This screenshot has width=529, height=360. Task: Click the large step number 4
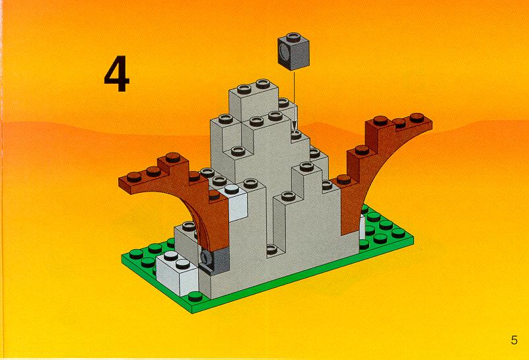[x=117, y=74]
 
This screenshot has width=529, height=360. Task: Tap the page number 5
[x=514, y=340]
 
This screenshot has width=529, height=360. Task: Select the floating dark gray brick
[x=293, y=52]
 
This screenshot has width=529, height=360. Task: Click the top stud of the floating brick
[x=293, y=37]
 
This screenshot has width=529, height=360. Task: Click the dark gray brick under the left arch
[x=214, y=260]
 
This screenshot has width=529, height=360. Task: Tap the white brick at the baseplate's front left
[x=177, y=273]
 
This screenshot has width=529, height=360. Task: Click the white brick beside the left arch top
[x=234, y=201]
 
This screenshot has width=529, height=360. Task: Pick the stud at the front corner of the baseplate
[x=195, y=296]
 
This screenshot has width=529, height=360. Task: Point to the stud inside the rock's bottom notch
[x=272, y=250]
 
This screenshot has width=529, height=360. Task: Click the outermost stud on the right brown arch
[x=417, y=118]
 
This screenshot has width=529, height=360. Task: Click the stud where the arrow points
[x=296, y=135]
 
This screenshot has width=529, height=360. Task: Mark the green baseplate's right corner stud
[x=398, y=233]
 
